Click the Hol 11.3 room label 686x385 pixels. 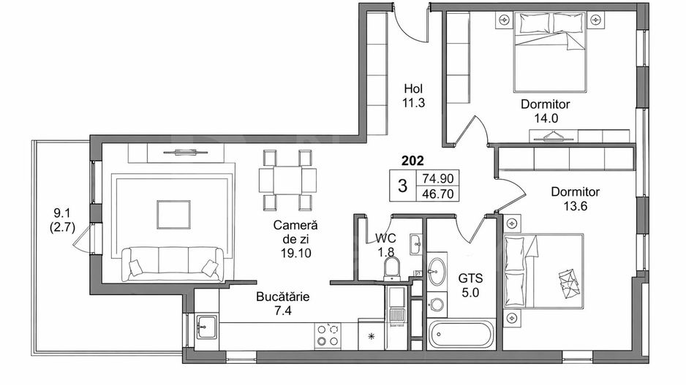[x=413, y=96]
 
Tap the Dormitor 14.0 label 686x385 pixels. [x=545, y=111]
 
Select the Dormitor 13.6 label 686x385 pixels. [x=575, y=199]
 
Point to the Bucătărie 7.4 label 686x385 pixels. [x=283, y=304]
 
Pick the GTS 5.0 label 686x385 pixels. [x=470, y=285]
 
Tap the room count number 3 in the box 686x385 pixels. [x=402, y=186]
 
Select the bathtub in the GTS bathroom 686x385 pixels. [x=461, y=336]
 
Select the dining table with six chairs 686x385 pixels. [x=287, y=179]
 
